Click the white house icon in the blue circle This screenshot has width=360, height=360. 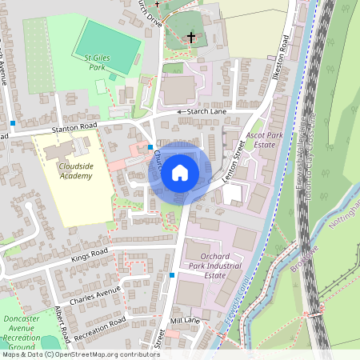pos(180,172)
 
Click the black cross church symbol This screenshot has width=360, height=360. pos(191,37)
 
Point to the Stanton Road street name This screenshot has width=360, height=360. pos(74,126)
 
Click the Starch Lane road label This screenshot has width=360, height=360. pos(206,111)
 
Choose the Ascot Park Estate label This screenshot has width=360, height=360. pos(265,141)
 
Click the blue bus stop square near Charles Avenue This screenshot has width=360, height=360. pos(171,275)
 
